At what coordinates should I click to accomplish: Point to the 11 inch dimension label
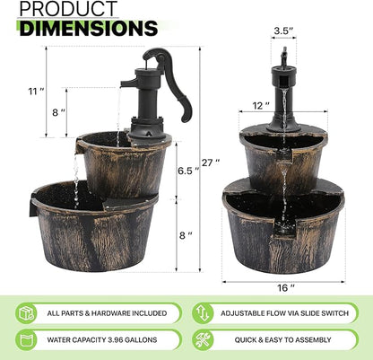click(x=35, y=91)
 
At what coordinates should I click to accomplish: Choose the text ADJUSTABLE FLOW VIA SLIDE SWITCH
click(x=285, y=313)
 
